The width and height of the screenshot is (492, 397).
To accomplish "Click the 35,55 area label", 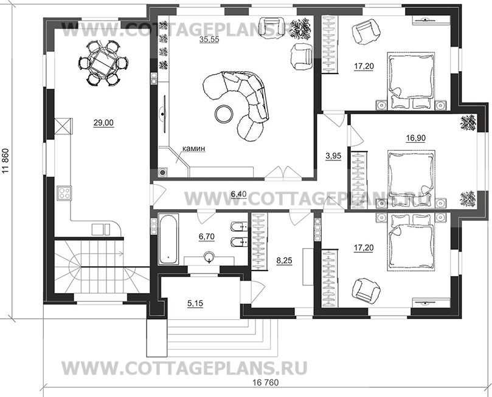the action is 209,40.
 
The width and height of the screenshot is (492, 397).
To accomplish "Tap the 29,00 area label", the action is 103,123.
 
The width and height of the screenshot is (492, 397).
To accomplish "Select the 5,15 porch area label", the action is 195,303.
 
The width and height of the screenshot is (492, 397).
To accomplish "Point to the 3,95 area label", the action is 333,156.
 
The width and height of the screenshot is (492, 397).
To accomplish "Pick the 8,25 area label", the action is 284,260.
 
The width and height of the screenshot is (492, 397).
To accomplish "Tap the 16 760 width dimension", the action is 265,382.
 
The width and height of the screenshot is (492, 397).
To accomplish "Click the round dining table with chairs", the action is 103,63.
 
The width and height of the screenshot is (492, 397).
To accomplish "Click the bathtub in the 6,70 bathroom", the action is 169,239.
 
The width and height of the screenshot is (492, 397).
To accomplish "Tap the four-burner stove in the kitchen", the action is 64,193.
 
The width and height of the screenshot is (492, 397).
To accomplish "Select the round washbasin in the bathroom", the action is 209,257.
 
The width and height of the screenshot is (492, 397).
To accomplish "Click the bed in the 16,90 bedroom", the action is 412,178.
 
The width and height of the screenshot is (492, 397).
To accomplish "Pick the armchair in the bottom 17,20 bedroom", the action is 366,289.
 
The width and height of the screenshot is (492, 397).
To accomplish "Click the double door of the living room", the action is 283,173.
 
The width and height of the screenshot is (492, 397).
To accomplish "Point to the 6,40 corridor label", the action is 238,194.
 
